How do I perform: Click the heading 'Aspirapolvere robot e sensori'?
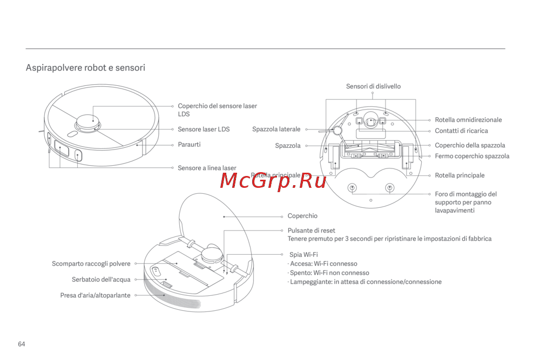[85, 68]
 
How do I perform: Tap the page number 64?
[22, 344]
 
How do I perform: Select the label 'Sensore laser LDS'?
[204, 130]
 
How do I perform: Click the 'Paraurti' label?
[189, 145]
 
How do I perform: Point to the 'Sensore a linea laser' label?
[207, 168]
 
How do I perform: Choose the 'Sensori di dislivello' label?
[373, 86]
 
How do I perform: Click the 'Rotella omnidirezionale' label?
[468, 120]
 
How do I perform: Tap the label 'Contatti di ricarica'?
[461, 131]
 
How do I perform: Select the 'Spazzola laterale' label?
[276, 130]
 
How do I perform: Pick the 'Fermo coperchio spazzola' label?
[472, 157]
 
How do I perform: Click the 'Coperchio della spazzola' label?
[470, 146]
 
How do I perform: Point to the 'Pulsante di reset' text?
[311, 230]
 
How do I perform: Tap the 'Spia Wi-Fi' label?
[303, 254]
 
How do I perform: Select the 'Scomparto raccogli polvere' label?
[91, 264]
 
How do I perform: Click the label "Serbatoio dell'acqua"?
[101, 280]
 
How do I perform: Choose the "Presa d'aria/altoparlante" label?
[95, 296]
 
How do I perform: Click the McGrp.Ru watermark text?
[273, 181]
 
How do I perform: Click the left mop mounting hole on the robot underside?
[352, 188]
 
